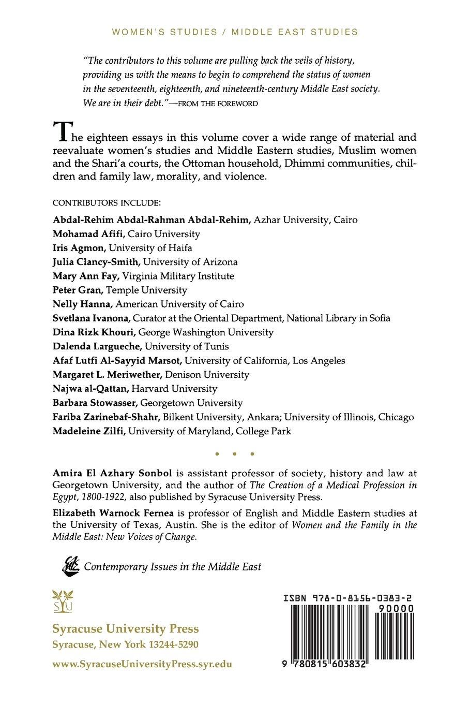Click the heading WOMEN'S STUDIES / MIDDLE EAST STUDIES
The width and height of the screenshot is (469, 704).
coord(235,32)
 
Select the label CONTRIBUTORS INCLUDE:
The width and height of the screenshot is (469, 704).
coord(107,202)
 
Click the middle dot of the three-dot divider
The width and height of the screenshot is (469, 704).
coord(234,454)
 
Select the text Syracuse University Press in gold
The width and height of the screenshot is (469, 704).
coord(126,628)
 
